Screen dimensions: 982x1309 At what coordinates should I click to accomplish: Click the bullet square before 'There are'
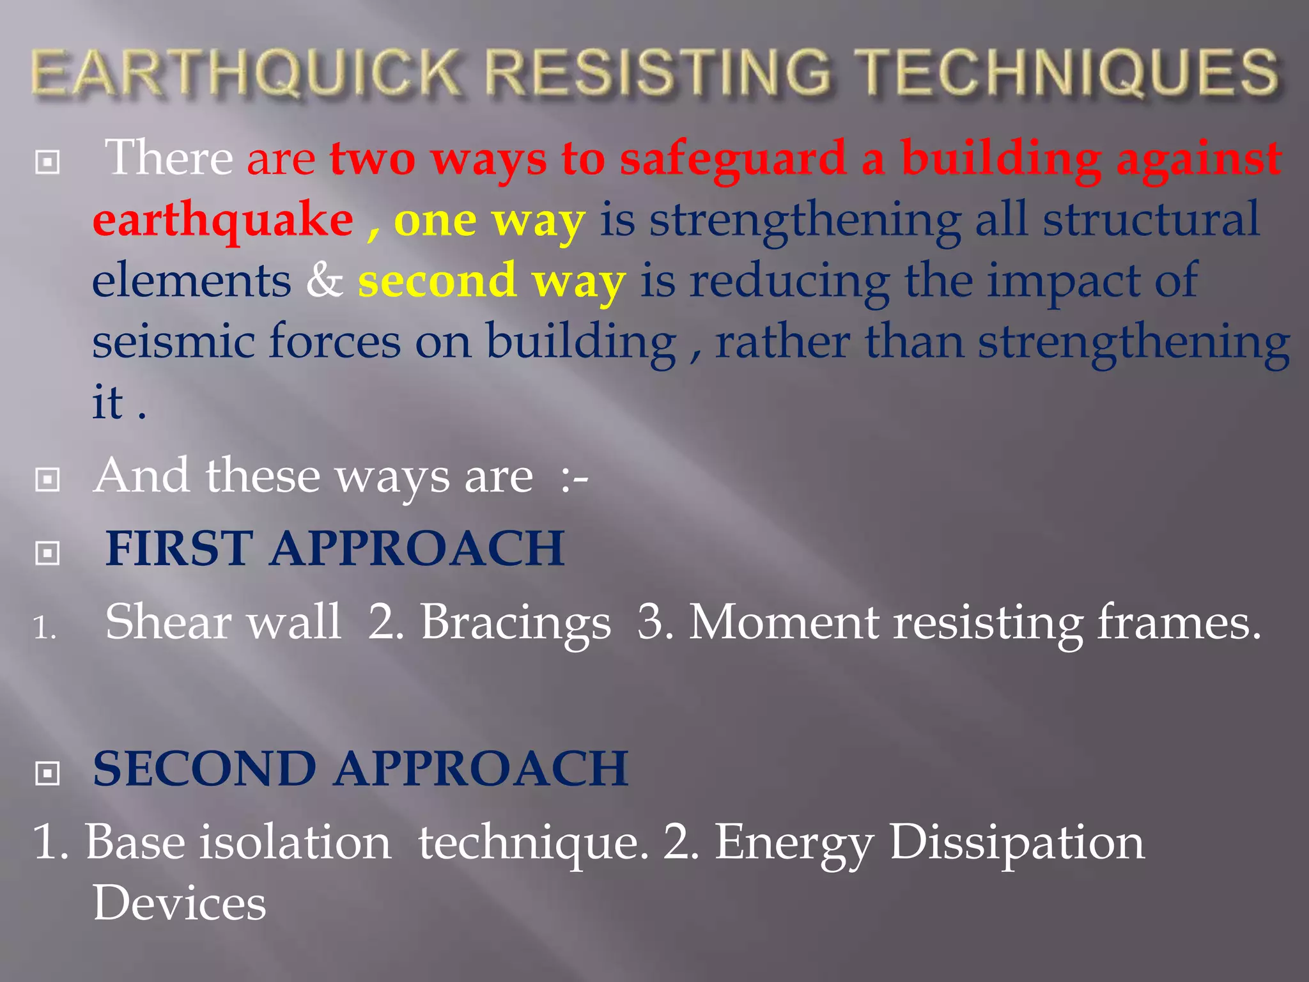pos(48,162)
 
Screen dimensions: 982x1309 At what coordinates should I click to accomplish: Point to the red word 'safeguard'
pos(733,159)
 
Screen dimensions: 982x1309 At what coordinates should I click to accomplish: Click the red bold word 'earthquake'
pos(222,220)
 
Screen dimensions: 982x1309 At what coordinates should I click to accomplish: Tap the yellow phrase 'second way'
pos(492,282)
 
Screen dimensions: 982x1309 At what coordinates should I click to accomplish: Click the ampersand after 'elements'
pos(324,281)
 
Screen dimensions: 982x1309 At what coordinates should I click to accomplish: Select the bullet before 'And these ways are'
pos(48,479)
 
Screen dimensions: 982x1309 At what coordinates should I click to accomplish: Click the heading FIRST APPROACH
pos(335,549)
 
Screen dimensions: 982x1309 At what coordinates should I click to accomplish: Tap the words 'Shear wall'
pos(222,621)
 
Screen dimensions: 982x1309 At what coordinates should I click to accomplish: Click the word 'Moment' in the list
pos(783,621)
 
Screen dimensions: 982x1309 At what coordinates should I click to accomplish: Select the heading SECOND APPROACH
pos(360,768)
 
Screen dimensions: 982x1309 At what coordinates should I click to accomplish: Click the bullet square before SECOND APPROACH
pos(48,774)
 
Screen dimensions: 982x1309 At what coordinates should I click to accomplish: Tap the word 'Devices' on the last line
pos(179,903)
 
